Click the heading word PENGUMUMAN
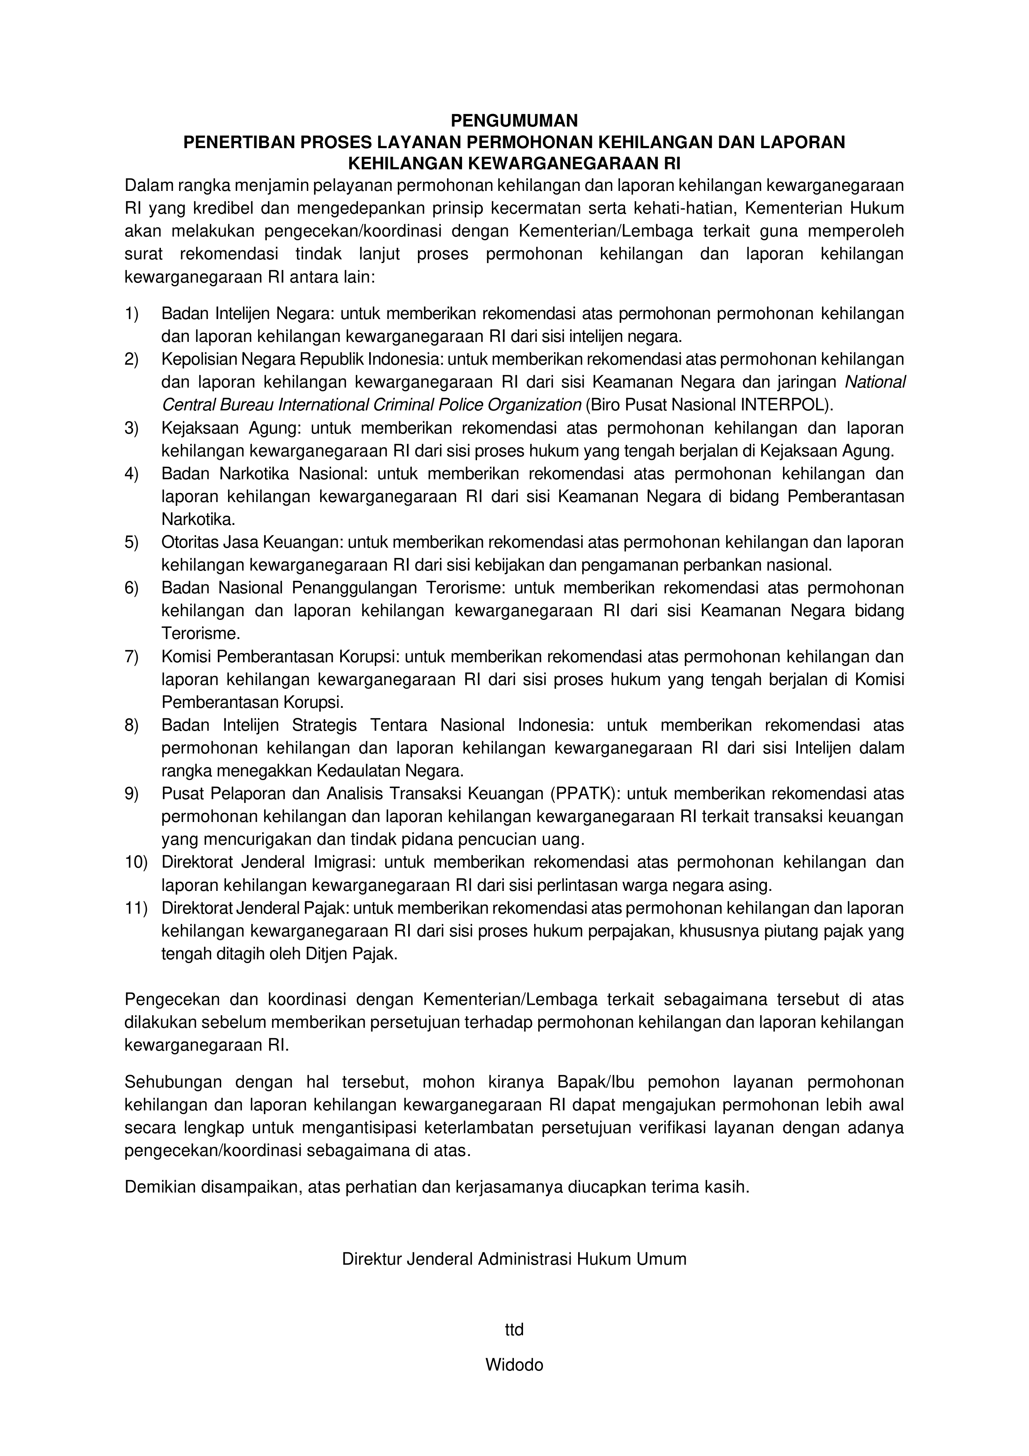pos(514,120)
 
